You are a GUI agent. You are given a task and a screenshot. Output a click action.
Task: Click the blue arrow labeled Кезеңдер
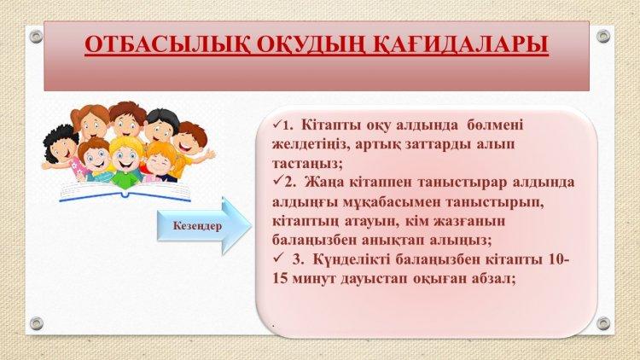[x=204, y=226]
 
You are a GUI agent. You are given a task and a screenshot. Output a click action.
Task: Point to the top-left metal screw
[x=36, y=37]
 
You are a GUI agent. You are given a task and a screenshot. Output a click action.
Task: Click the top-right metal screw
[x=602, y=37]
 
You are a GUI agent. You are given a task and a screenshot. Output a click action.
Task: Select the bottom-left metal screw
[x=36, y=323]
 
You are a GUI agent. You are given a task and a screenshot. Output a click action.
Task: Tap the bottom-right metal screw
[x=602, y=323]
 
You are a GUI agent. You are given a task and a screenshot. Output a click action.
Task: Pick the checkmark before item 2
[x=278, y=180]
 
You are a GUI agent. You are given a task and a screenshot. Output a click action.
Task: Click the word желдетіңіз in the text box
[x=311, y=145]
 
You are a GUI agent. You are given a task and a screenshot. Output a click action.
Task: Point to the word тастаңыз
[x=307, y=164]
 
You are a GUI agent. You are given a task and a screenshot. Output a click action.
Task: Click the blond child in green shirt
[x=125, y=162]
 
